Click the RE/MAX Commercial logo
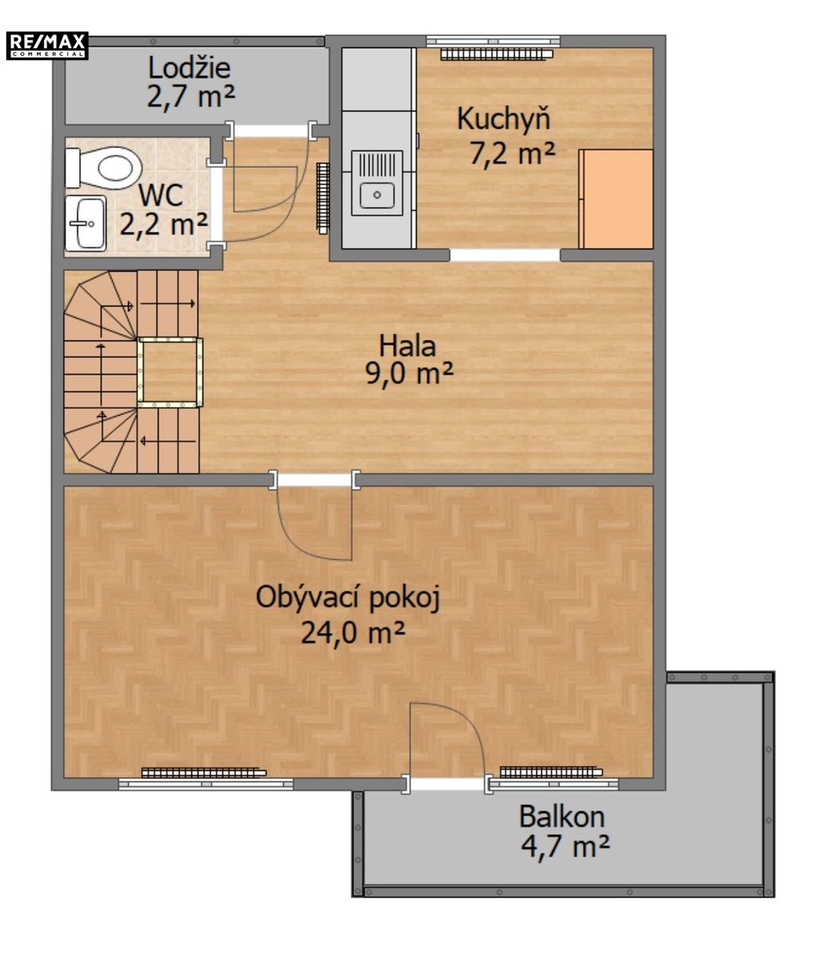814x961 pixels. click(47, 45)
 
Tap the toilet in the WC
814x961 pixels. click(103, 168)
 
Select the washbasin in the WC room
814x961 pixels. click(86, 223)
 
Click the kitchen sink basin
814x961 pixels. click(377, 195)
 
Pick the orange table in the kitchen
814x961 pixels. click(616, 199)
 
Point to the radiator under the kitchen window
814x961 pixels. click(497, 55)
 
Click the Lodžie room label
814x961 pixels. click(189, 68)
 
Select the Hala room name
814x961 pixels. click(407, 346)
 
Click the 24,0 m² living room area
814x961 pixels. click(353, 633)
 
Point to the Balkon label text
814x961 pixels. click(562, 816)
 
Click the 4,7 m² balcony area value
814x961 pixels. click(565, 846)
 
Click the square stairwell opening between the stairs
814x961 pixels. click(170, 372)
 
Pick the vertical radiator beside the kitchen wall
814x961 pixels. click(323, 197)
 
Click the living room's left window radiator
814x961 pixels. click(204, 773)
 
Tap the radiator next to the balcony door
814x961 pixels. click(551, 772)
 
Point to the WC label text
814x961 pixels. click(161, 195)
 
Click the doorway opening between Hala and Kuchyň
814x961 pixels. click(504, 255)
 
